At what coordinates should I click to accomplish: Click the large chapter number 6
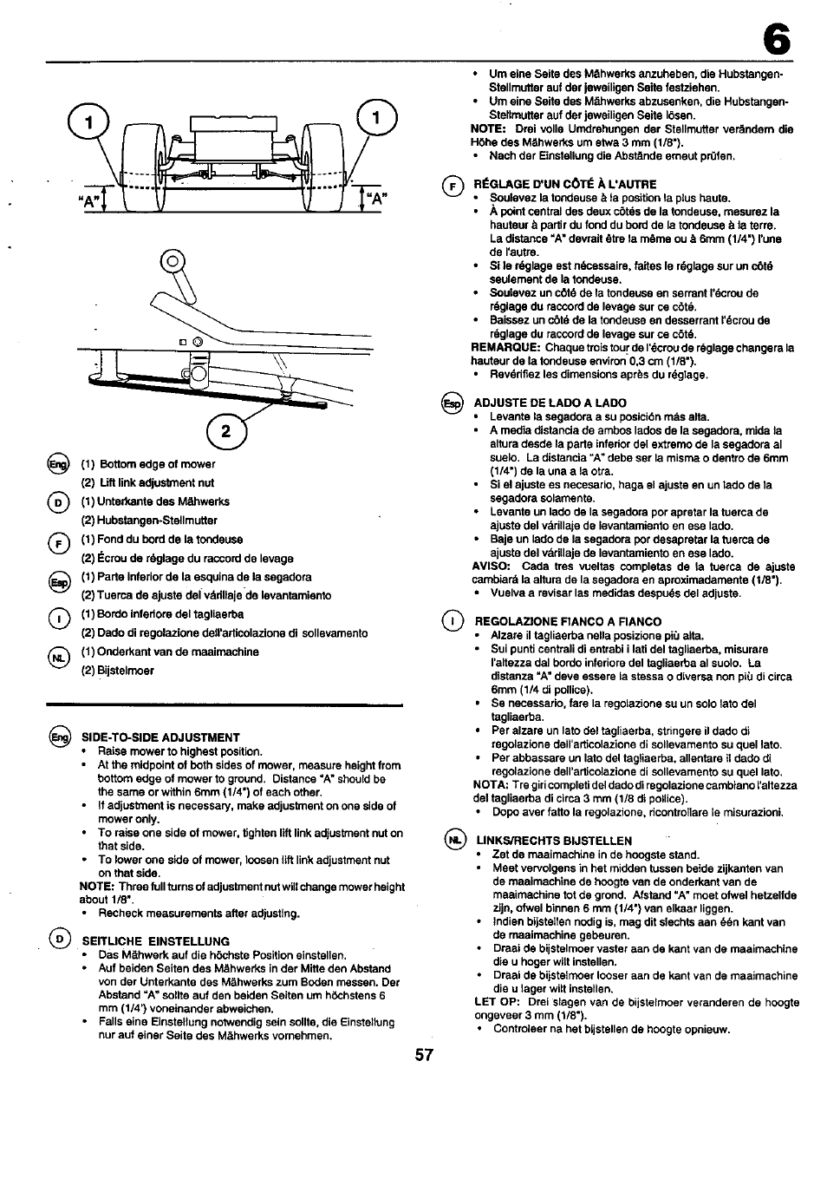778,38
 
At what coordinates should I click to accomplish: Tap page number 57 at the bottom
424,1056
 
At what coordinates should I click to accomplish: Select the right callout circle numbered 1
376,118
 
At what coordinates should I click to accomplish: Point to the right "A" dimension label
375,204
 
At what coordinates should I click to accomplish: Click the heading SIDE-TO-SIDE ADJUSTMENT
160,737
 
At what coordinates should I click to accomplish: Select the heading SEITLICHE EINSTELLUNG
155,940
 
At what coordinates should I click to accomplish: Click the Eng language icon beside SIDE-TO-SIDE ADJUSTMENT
61,737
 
